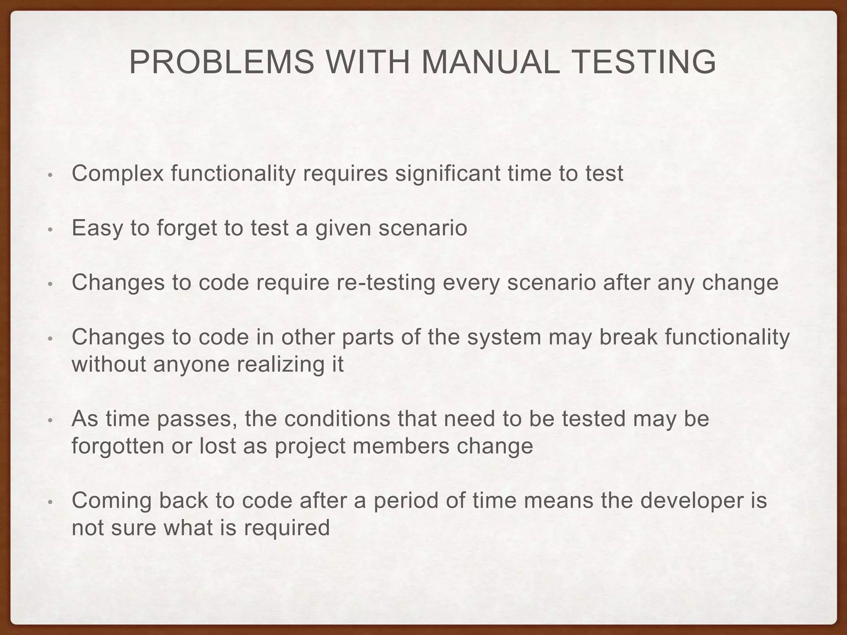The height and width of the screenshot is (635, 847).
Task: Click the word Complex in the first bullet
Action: pyautogui.click(x=118, y=174)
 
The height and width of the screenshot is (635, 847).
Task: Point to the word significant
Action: pyautogui.click(x=447, y=174)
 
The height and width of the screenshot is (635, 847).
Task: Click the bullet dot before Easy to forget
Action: pyautogui.click(x=50, y=229)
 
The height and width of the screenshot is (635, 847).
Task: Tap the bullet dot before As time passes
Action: pyautogui.click(x=50, y=420)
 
